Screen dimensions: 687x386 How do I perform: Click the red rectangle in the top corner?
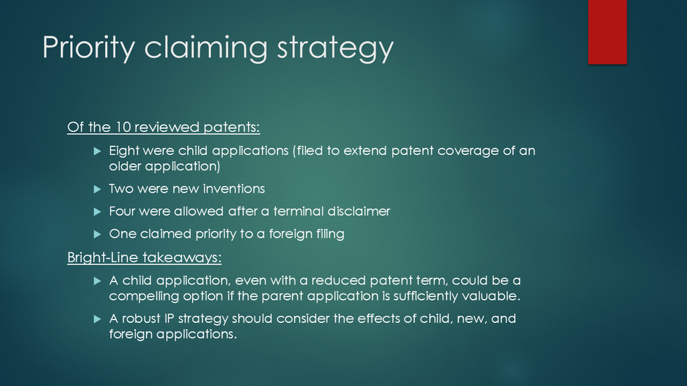pos(607,32)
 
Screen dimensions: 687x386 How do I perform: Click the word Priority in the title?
pos(88,47)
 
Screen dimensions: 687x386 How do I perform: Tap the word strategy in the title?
pos(335,48)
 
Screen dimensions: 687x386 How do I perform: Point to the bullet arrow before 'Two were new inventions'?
pos(97,189)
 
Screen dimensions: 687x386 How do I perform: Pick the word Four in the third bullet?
pos(121,212)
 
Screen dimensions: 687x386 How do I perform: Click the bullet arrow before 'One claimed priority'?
pos(97,235)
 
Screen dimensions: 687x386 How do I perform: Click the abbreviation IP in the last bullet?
pos(170,318)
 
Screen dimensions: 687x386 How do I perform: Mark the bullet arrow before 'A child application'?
pos(97,281)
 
